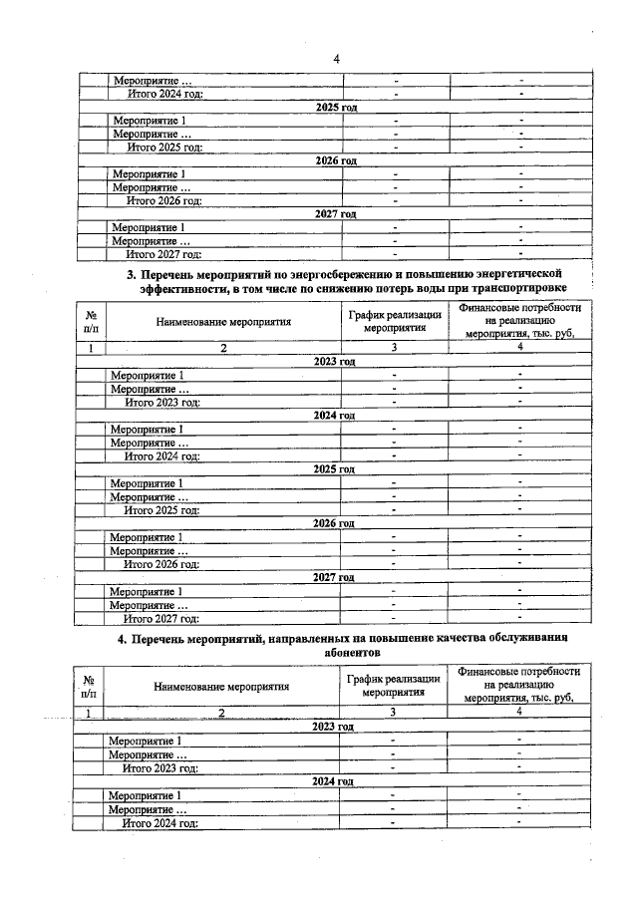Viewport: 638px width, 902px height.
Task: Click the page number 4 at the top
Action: coord(336,59)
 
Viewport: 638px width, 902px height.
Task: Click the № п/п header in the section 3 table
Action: coord(92,321)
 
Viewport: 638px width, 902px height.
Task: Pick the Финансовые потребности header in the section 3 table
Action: coord(518,321)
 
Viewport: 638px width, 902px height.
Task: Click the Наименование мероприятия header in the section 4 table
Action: coord(221,686)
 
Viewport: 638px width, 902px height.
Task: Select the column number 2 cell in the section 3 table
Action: coord(223,348)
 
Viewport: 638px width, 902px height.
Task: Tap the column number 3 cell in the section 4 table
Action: coord(393,712)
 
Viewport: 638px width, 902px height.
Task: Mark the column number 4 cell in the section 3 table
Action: coord(518,348)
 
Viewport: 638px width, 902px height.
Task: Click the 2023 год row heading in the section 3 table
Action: coord(334,361)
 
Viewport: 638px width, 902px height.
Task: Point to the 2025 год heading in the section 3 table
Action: coord(334,468)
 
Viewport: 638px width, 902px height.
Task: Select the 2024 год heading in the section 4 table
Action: coord(333,781)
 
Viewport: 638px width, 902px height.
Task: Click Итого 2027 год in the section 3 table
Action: coord(160,618)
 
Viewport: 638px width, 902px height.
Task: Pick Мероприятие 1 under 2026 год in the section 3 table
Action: coord(146,536)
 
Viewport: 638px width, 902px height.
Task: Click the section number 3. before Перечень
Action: coord(131,273)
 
